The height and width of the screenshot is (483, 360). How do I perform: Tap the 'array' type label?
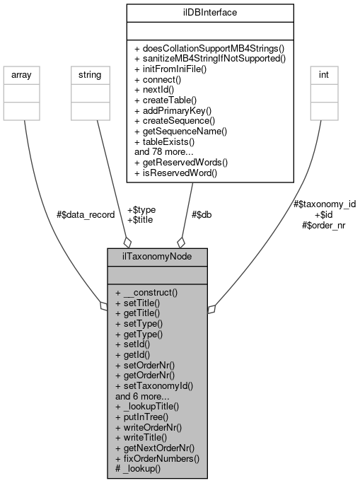(x=23, y=74)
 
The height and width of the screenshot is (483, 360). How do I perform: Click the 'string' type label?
(x=86, y=74)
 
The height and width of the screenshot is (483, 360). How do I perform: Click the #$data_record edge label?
(x=85, y=215)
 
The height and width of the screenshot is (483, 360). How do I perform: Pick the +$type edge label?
(x=141, y=210)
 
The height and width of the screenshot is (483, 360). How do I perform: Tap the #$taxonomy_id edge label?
(x=324, y=204)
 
